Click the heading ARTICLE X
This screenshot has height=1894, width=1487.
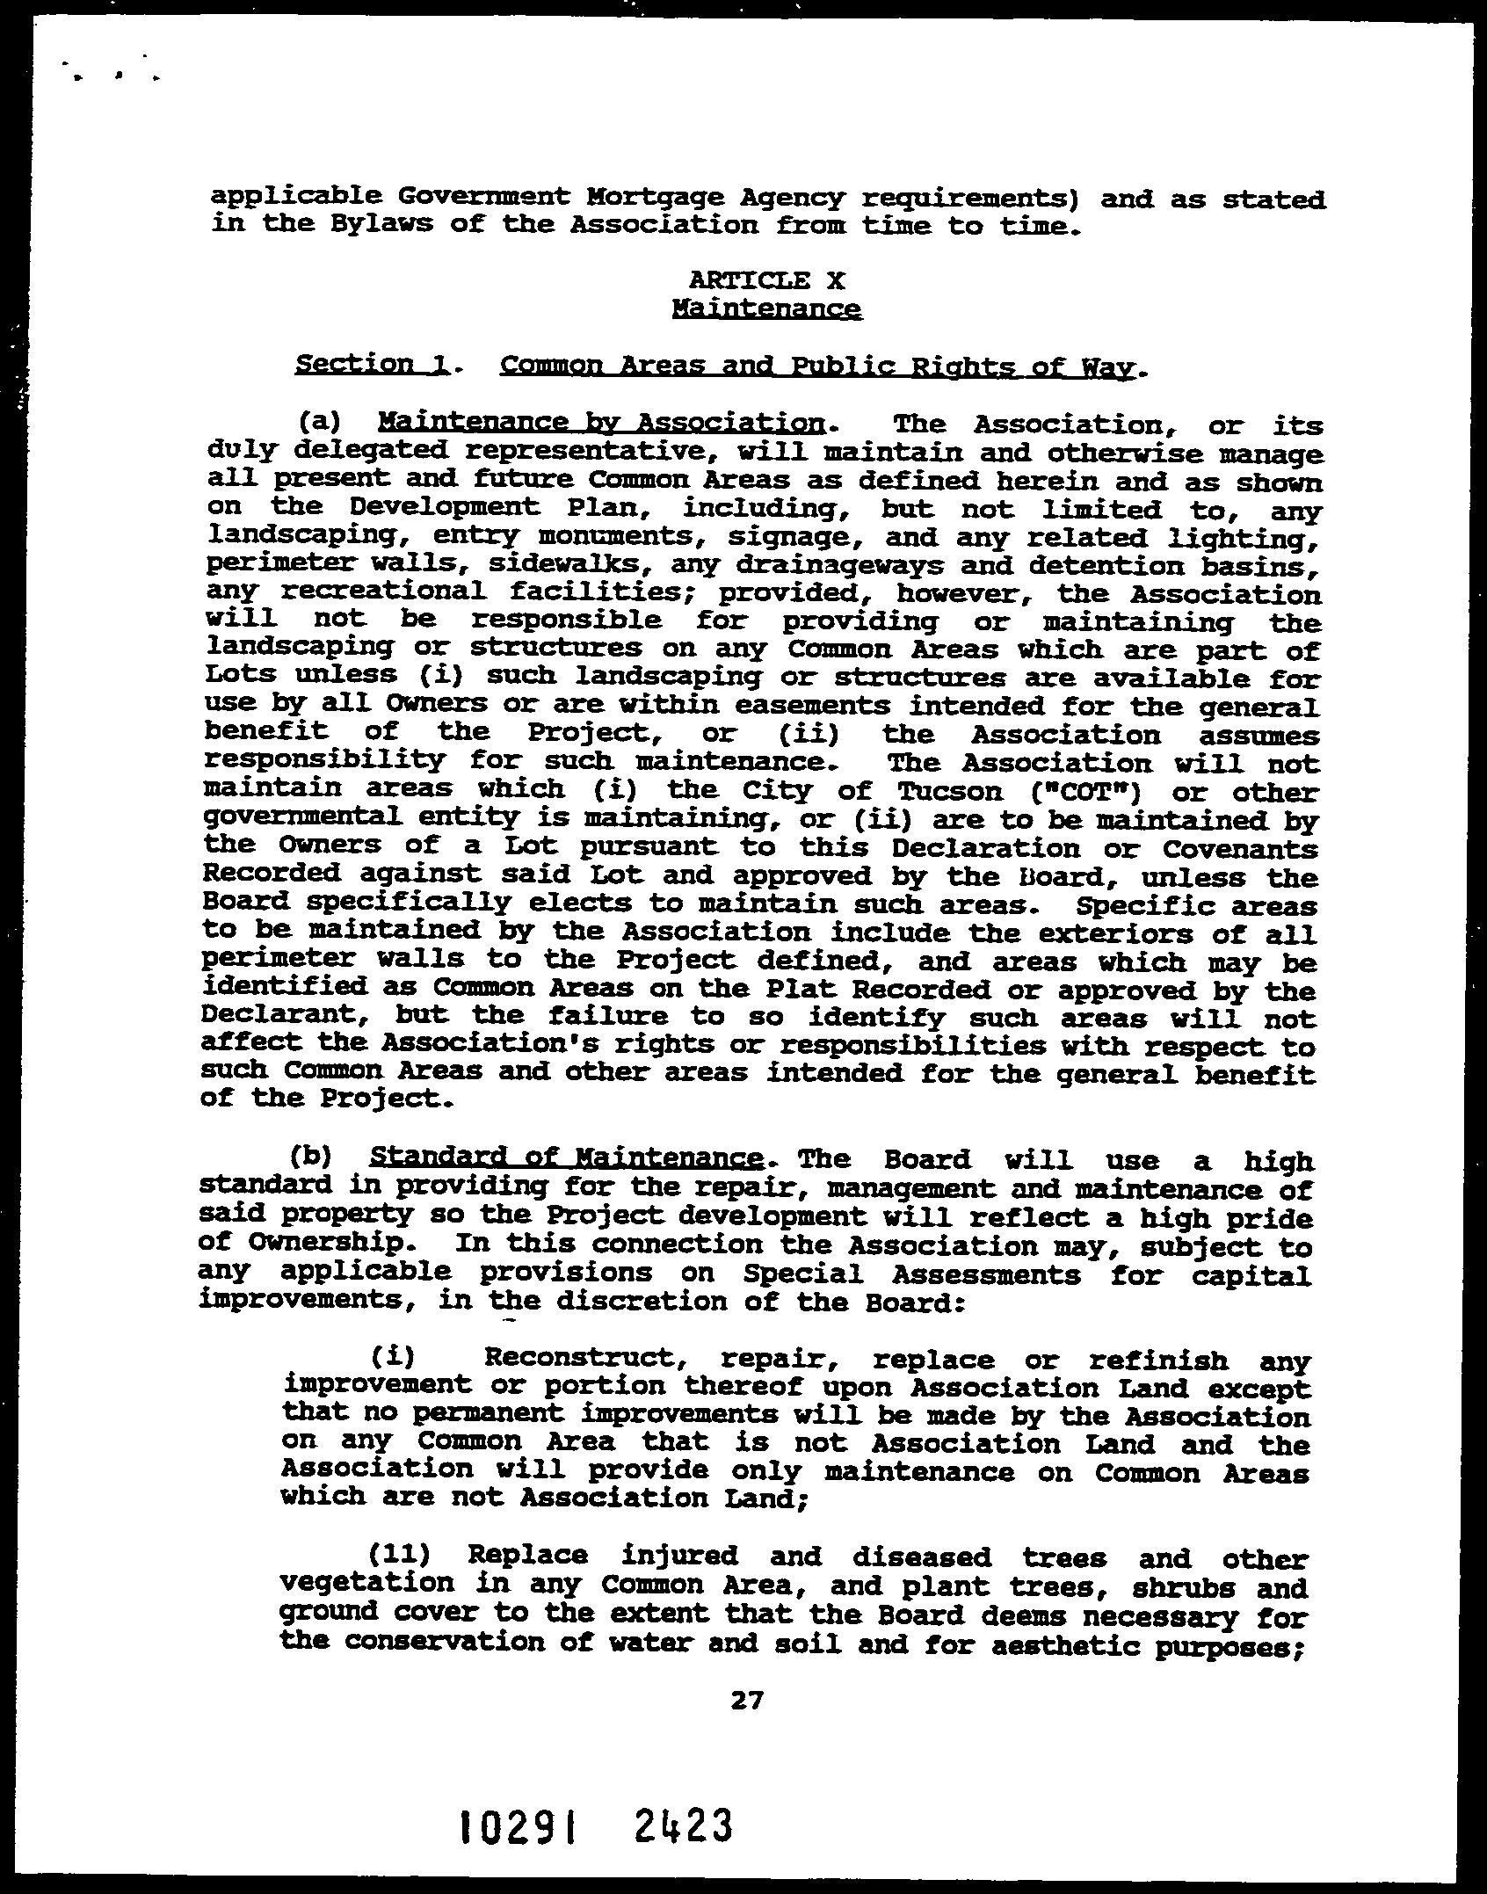766,280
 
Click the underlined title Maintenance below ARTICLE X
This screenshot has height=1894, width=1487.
766,308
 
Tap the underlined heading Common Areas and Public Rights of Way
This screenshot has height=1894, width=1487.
816,366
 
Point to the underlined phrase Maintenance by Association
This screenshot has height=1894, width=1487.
601,423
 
